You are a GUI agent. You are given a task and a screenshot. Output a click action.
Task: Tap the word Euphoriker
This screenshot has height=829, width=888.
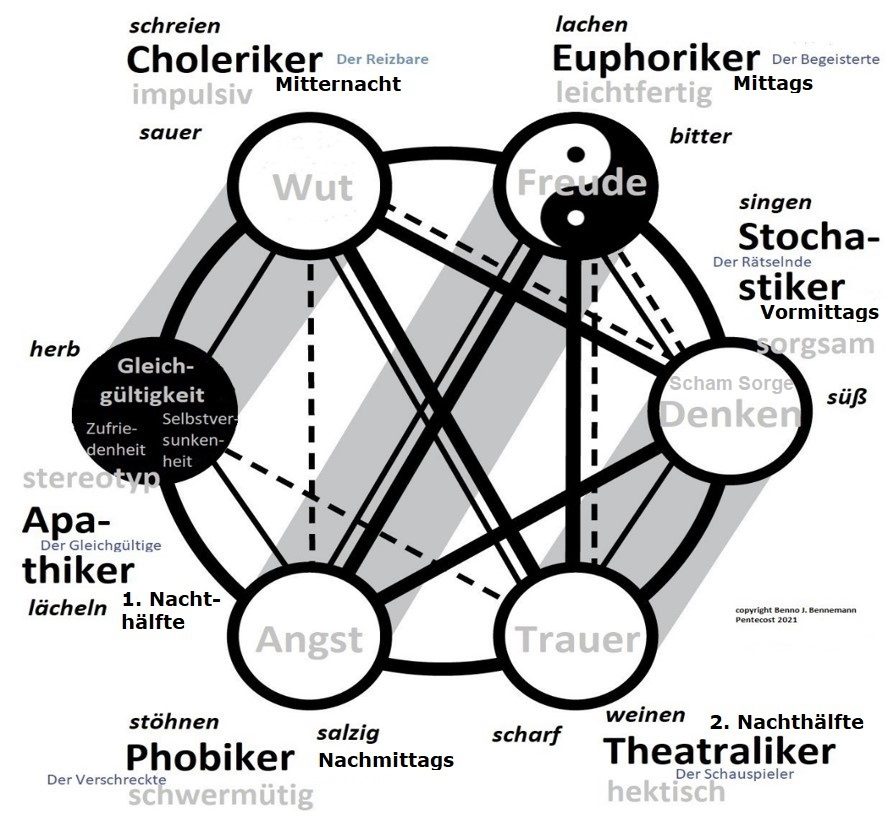pyautogui.click(x=656, y=58)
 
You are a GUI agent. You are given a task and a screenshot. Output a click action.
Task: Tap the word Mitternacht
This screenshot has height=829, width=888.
pyautogui.click(x=337, y=84)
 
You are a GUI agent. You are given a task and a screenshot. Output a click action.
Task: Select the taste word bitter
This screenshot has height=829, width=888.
pyautogui.click(x=700, y=136)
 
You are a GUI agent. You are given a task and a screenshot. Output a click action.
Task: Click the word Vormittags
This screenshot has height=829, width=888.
pyautogui.click(x=819, y=312)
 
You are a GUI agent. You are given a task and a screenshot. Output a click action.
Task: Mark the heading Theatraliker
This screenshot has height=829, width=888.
pyautogui.click(x=719, y=750)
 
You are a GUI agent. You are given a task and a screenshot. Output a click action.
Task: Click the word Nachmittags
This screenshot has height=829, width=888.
pyautogui.click(x=385, y=760)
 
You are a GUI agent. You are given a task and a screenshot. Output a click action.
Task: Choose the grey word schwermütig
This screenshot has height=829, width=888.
pyautogui.click(x=220, y=795)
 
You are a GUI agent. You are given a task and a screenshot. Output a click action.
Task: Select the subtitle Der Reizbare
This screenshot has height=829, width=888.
pyautogui.click(x=382, y=59)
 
